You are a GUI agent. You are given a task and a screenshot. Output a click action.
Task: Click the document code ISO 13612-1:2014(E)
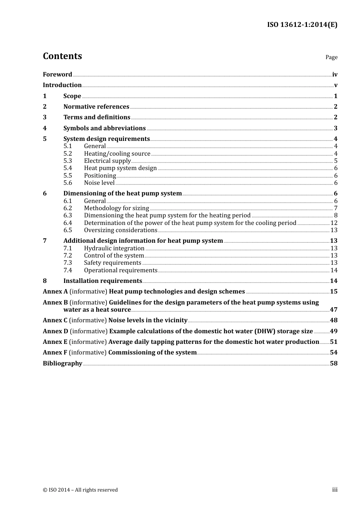(302, 25)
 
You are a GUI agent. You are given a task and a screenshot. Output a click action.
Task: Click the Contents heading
(62, 56)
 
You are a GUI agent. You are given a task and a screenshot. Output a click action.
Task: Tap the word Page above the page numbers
(331, 57)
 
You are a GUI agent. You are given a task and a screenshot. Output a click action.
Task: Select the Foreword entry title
(57, 74)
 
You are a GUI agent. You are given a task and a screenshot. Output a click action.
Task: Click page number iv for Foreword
(335, 75)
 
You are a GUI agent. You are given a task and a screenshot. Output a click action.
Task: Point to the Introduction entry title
(62, 85)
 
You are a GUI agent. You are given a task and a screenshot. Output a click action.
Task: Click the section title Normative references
(96, 106)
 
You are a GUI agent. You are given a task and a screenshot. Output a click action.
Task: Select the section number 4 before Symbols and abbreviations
(45, 128)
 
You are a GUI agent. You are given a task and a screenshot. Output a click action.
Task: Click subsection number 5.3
(67, 161)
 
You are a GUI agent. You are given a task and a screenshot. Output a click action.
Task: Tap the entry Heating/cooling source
(117, 153)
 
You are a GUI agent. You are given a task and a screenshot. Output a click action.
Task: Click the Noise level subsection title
(99, 183)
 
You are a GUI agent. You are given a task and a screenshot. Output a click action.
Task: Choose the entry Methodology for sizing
(116, 208)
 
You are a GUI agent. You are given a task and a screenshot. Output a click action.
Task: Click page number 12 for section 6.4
(334, 223)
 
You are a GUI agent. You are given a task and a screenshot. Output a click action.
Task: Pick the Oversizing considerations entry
(121, 230)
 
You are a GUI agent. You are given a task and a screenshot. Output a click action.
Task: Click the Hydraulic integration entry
(114, 248)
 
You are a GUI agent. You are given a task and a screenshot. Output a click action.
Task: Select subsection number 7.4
(67, 270)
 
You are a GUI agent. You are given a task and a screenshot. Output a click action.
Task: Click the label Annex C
(55, 320)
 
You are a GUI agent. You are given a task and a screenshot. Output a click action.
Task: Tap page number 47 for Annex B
(333, 309)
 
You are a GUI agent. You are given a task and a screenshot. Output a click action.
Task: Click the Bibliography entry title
(63, 363)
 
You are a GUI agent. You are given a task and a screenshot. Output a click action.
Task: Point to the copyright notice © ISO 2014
(80, 490)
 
